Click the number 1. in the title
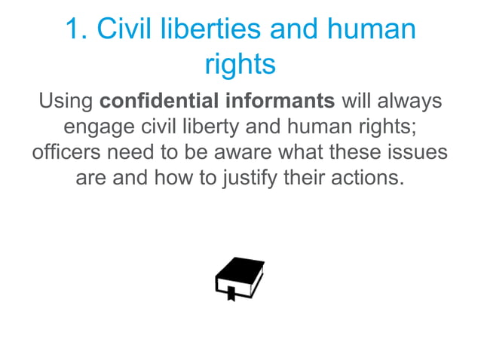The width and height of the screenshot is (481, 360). point(78,29)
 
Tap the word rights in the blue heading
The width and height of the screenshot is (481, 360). point(240,65)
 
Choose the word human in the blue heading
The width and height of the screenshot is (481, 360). point(370,29)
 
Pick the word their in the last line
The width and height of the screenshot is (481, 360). point(309,179)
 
